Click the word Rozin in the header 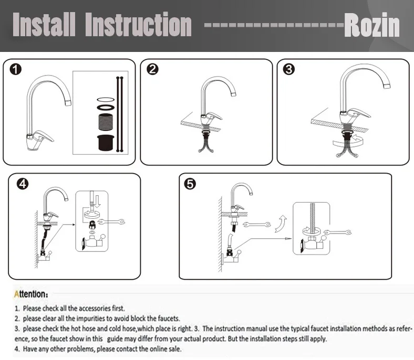tap(372, 25)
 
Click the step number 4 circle tap(23, 184)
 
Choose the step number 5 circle tap(190, 184)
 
